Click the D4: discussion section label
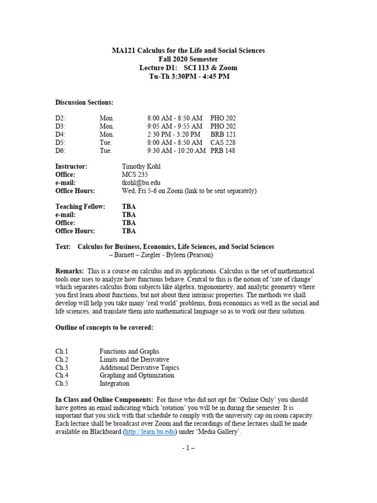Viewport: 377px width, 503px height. tap(60, 134)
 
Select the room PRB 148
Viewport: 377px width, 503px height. tap(223, 151)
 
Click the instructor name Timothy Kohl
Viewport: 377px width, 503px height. tap(141, 167)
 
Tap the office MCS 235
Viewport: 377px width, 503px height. tap(135, 174)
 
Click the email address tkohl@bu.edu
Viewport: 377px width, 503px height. tap(141, 183)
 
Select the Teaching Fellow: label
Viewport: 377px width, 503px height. tap(80, 207)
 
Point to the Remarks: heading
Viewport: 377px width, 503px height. tap(69, 271)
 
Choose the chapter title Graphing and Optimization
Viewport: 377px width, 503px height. tap(136, 375)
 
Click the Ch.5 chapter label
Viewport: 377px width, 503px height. tap(61, 384)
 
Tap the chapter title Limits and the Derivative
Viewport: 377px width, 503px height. tap(134, 360)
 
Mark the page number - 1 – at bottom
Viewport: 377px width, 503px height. tap(188, 448)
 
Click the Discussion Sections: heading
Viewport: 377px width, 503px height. tap(84, 102)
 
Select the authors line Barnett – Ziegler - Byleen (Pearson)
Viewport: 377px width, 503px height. tap(161, 255)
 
